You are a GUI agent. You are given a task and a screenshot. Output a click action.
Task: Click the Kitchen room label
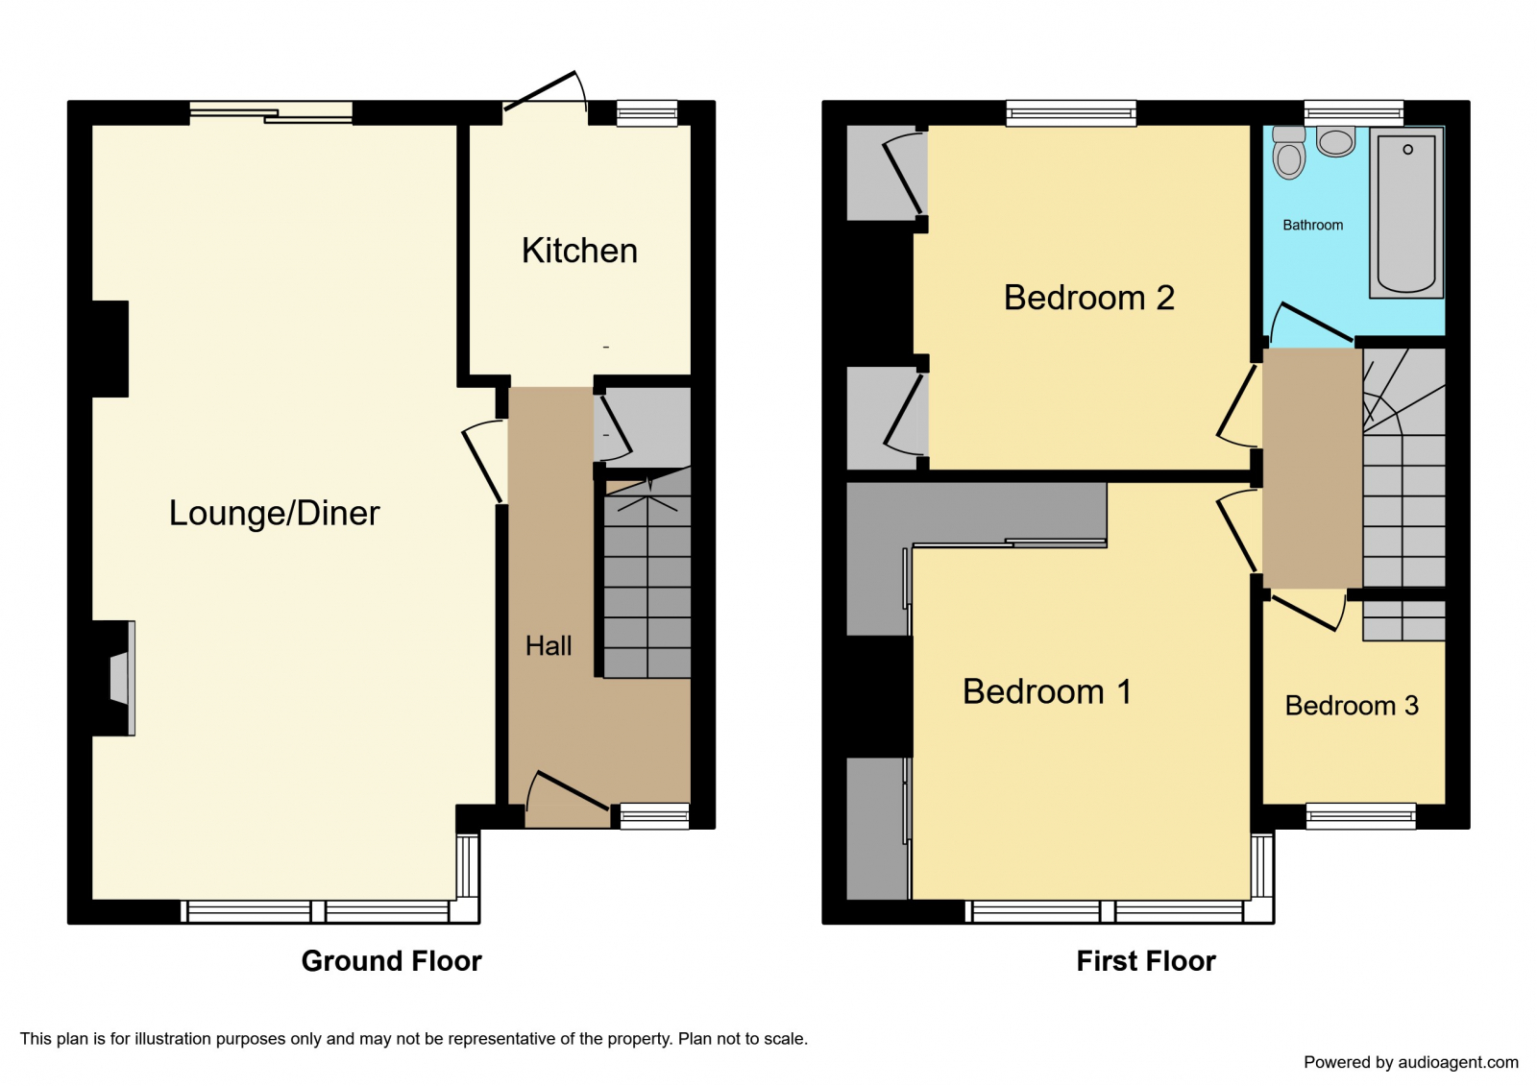coord(579,251)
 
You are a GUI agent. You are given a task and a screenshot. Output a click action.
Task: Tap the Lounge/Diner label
coord(274,513)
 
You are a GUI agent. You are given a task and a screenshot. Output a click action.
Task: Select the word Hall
coord(549,646)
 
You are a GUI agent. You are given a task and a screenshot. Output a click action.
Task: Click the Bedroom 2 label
coord(1088,298)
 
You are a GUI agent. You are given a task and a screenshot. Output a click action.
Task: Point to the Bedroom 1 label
coord(1046,691)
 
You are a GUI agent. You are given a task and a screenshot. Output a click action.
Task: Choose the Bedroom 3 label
coord(1351,706)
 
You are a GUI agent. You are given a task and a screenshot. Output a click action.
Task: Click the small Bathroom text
coord(1312,225)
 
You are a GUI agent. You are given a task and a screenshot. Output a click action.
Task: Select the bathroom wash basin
coord(1335,142)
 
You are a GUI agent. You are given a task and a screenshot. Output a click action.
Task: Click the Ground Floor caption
coord(391,961)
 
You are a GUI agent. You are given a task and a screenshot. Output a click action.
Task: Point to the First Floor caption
coord(1145,961)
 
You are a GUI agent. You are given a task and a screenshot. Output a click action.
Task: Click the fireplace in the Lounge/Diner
coord(121,679)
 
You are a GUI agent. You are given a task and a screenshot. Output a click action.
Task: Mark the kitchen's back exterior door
coord(544,90)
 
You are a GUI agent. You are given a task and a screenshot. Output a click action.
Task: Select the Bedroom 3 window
coord(1360,816)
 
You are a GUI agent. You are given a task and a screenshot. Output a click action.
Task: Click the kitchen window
coord(647,113)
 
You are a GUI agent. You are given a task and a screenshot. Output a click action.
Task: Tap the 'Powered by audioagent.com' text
coord(1410,1062)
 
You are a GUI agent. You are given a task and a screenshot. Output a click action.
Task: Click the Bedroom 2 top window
coord(1070,113)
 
